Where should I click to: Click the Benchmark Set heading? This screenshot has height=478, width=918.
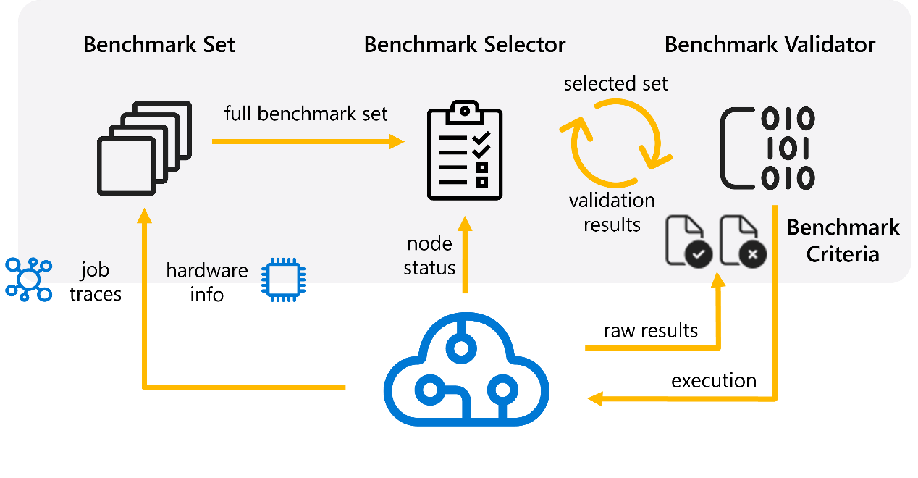(159, 45)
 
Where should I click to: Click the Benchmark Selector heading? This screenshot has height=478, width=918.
(464, 45)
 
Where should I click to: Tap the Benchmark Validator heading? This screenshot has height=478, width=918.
(770, 45)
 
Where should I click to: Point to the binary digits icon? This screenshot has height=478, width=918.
(768, 148)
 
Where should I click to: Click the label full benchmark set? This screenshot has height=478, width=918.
(306, 114)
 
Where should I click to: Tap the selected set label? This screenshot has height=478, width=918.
(615, 84)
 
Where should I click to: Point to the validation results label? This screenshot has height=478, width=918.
(612, 212)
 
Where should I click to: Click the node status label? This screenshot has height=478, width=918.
(429, 256)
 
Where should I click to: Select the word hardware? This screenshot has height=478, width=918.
(206, 271)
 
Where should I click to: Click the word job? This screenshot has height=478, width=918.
(95, 271)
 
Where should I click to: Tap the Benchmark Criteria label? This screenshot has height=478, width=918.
(843, 240)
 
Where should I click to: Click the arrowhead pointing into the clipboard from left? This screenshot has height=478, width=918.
(397, 141)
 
